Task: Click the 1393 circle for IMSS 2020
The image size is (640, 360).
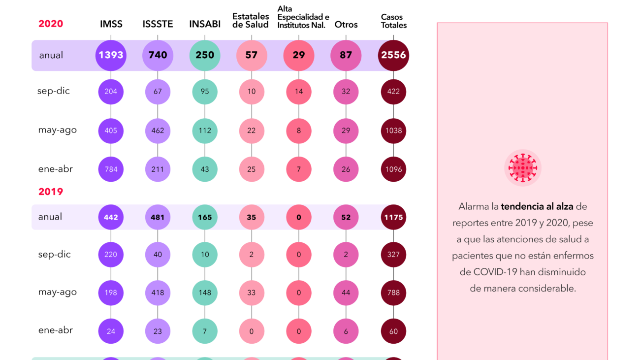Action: pyautogui.click(x=111, y=55)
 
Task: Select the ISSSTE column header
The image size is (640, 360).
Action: pyautogui.click(x=158, y=24)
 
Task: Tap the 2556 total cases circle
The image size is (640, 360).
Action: pyautogui.click(x=393, y=55)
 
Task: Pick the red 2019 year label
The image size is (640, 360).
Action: pyautogui.click(x=51, y=192)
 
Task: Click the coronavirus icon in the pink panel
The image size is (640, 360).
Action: pyautogui.click(x=522, y=168)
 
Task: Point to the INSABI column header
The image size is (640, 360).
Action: pyautogui.click(x=205, y=24)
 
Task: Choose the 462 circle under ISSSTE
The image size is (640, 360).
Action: pyautogui.click(x=158, y=131)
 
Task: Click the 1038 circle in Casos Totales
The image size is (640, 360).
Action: pyautogui.click(x=393, y=131)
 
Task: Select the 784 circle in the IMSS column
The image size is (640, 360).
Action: pyautogui.click(x=111, y=169)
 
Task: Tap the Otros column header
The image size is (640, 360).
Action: pyautogui.click(x=346, y=24)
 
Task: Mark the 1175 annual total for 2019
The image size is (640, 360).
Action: pyautogui.click(x=393, y=217)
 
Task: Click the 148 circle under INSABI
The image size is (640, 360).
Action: pyautogui.click(x=205, y=293)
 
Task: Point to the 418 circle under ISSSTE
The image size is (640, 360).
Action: pyautogui.click(x=158, y=293)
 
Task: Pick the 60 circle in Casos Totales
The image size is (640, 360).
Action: pyautogui.click(x=393, y=331)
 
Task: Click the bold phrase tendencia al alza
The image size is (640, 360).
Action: pyautogui.click(x=537, y=206)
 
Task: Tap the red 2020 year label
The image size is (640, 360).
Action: pyautogui.click(x=51, y=24)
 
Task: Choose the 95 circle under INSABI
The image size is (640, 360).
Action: pyautogui.click(x=205, y=91)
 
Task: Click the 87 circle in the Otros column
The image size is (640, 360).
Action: pyautogui.click(x=346, y=55)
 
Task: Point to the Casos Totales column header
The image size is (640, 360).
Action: pyautogui.click(x=393, y=21)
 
